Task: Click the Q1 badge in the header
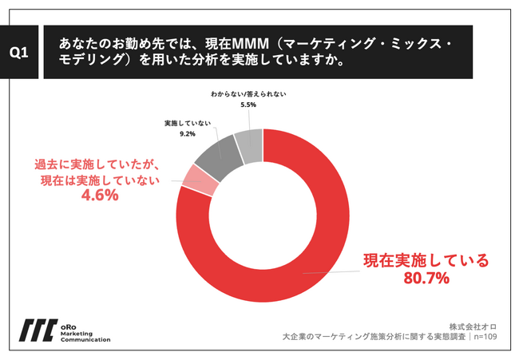click(20, 53)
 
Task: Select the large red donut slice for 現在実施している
click(319, 239)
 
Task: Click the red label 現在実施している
click(425, 260)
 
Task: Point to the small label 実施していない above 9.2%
click(188, 125)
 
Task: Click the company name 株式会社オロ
click(473, 326)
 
